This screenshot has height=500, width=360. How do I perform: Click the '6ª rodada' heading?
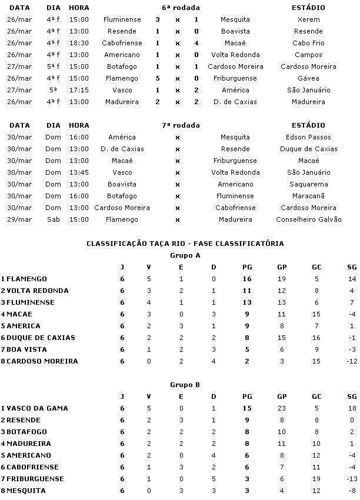click(x=181, y=8)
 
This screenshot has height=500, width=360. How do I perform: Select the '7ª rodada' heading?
click(x=181, y=125)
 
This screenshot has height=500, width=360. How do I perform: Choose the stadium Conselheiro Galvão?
click(x=308, y=219)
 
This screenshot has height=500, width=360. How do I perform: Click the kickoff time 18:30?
click(x=79, y=43)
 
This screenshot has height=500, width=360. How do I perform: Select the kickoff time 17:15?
click(x=79, y=90)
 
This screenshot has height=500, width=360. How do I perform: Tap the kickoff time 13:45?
click(x=79, y=172)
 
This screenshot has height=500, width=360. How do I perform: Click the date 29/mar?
click(x=20, y=219)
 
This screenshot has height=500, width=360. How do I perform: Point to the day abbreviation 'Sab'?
click(x=54, y=219)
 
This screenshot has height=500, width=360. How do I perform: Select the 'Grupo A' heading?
click(x=185, y=255)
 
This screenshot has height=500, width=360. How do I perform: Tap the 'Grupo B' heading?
click(x=185, y=385)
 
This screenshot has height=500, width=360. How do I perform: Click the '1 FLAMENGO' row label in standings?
click(x=24, y=279)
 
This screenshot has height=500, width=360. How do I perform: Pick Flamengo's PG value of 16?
click(x=247, y=279)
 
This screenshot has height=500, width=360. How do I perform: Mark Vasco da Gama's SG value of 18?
click(x=352, y=408)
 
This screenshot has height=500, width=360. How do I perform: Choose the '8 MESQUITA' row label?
click(x=23, y=491)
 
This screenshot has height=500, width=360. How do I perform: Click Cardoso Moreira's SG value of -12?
click(x=351, y=361)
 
